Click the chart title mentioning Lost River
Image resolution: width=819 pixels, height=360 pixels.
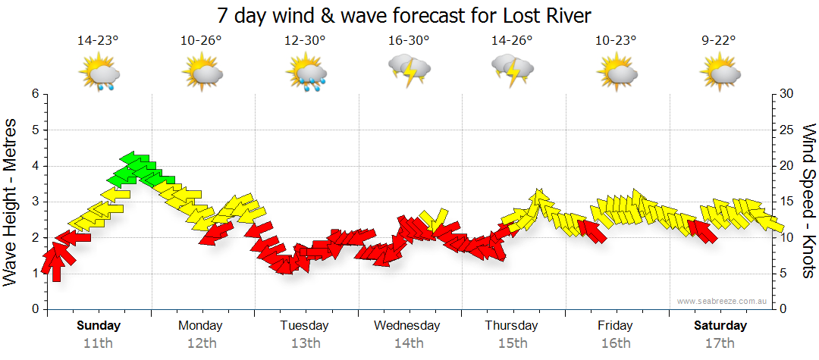403,14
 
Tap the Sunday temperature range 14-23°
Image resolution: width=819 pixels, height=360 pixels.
98,40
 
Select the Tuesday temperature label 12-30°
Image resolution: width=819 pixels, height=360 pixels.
305,40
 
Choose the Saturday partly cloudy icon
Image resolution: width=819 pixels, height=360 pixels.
720,74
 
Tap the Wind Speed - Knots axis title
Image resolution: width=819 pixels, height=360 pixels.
808,201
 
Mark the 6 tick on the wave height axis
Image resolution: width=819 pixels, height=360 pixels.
34,94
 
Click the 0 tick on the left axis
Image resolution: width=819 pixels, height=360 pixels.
34,309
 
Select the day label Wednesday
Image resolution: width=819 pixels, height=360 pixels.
407,326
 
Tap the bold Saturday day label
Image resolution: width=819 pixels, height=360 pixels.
720,326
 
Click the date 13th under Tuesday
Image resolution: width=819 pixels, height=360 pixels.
305,343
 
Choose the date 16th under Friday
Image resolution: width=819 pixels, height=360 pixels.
615,343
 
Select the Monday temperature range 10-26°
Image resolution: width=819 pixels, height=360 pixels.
201,40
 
